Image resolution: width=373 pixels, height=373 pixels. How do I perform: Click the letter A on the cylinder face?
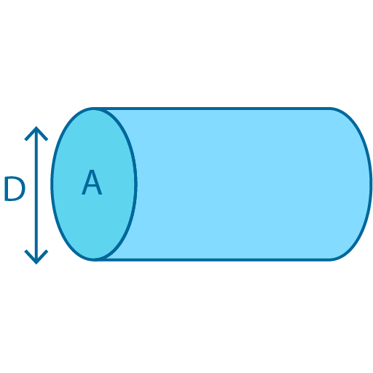click(92, 184)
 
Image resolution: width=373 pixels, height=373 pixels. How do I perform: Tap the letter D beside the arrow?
click(15, 189)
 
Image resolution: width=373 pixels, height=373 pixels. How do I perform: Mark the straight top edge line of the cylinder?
click(219, 109)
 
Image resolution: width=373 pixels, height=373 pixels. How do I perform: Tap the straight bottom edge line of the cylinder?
click(219, 259)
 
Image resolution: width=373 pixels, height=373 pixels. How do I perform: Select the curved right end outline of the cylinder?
click(370, 184)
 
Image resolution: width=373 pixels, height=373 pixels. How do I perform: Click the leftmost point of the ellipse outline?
click(52, 184)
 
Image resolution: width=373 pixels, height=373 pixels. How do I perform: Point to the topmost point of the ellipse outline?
click(93, 109)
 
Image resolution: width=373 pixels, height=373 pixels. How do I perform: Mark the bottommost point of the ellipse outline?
click(93, 259)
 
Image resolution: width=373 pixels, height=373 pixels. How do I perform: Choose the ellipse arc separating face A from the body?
click(136, 184)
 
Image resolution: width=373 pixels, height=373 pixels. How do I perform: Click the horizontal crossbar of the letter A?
click(92, 187)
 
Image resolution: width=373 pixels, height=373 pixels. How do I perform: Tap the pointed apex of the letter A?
click(92, 172)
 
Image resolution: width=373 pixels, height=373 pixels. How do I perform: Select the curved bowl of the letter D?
click(23, 189)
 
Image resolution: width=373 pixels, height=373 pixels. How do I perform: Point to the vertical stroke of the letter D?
click(6, 189)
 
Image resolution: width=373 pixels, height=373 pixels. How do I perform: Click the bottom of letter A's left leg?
click(83, 195)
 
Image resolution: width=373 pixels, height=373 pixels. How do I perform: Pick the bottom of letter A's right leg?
click(101, 195)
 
